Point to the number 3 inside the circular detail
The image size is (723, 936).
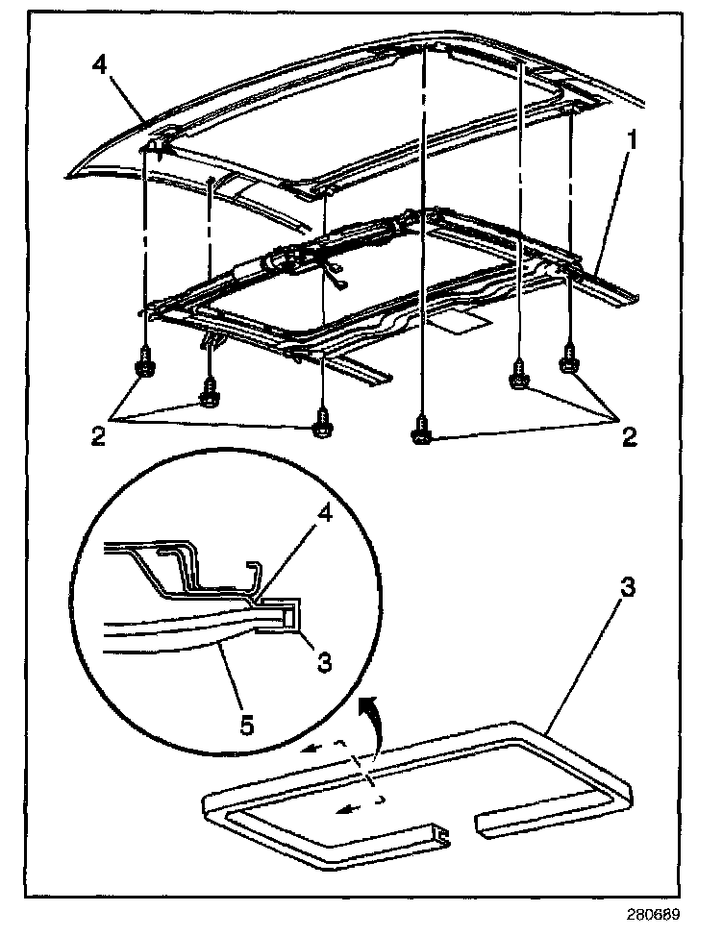coord(325,661)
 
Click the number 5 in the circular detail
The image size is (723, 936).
coord(247,725)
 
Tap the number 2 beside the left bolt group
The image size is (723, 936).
coord(97,437)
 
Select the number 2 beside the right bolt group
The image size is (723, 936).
coord(630,437)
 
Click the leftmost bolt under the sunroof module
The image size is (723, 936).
coord(145,366)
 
